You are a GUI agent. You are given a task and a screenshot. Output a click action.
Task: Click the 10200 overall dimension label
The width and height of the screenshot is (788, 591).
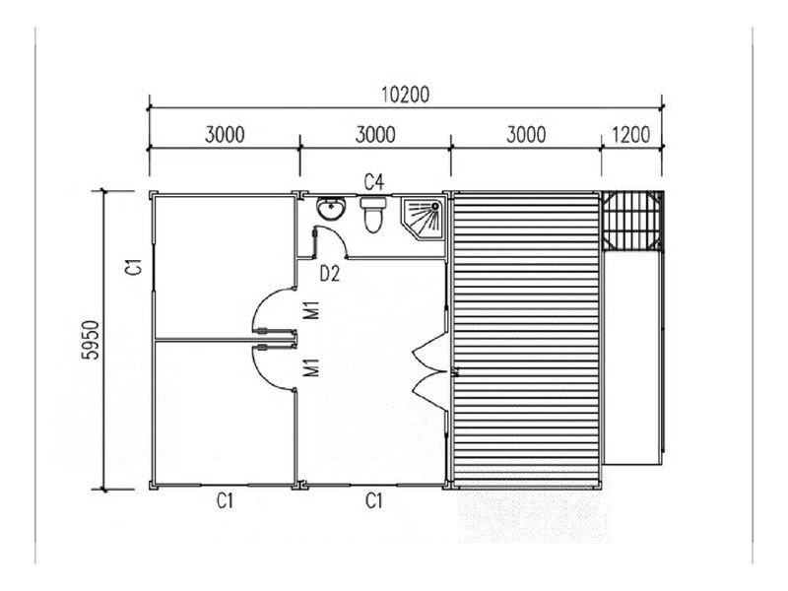(405, 95)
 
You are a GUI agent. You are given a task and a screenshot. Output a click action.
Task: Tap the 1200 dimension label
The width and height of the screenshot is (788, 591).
(631, 135)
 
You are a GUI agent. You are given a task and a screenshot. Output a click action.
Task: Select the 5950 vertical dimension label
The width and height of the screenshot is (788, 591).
(92, 340)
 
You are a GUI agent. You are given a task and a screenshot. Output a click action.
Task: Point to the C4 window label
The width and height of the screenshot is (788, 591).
(374, 182)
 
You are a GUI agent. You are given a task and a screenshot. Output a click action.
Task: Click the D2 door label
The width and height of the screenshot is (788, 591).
(330, 274)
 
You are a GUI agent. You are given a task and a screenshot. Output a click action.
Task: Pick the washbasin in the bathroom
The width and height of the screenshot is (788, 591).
(331, 209)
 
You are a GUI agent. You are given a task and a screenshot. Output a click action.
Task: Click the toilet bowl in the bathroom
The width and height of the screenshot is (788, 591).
(373, 221)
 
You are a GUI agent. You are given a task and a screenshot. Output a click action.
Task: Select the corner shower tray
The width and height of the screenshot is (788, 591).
(423, 218)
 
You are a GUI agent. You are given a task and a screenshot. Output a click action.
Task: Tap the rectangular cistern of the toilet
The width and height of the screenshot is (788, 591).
(373, 204)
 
